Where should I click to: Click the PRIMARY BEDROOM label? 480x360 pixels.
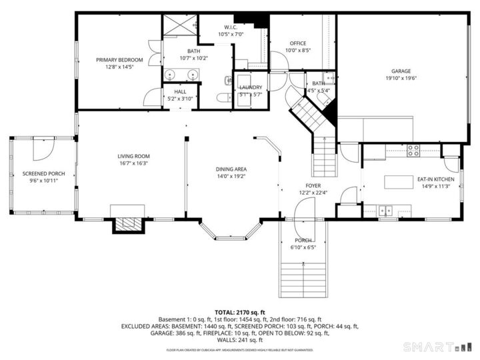(119, 59)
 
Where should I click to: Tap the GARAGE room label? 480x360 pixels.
(401, 71)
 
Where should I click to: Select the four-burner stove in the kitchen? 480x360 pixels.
(413, 151)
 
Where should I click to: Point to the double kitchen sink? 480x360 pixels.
(386, 211)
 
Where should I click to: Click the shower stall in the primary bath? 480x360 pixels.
(179, 27)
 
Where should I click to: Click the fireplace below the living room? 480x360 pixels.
(127, 225)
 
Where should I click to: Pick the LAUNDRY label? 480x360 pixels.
(251, 87)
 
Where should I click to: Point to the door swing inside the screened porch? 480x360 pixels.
(43, 148)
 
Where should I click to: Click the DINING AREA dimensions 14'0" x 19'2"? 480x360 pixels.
(231, 177)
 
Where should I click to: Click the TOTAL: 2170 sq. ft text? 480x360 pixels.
(239, 312)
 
